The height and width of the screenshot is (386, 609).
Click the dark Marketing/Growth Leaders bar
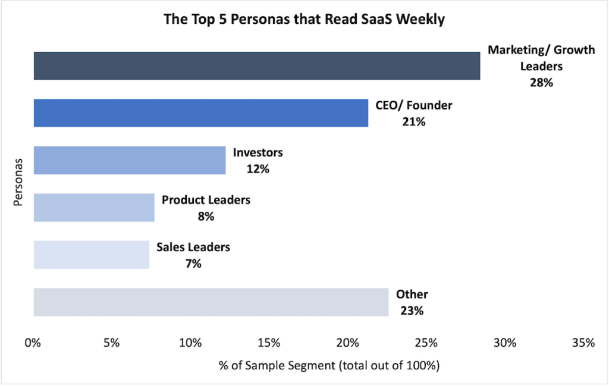click(x=256, y=66)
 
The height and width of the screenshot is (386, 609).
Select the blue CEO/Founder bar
click(x=200, y=113)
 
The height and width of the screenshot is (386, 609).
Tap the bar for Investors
click(x=129, y=160)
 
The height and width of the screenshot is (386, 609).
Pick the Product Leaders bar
click(x=93, y=208)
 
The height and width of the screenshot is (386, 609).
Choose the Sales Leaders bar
click(x=91, y=255)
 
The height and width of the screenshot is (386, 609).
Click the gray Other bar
click(x=211, y=302)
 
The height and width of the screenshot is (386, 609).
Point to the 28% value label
click(x=541, y=83)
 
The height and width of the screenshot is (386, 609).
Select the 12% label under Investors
click(x=258, y=170)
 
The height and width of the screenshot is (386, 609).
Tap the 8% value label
click(x=206, y=216)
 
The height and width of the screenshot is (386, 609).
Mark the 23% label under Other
click(x=412, y=310)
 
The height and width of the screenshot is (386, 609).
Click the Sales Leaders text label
click(x=193, y=247)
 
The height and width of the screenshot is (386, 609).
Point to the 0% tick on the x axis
click(x=33, y=343)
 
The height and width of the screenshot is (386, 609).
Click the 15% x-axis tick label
click(x=269, y=343)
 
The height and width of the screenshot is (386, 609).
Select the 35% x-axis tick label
click(x=583, y=343)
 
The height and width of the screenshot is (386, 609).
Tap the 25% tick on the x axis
click(x=426, y=343)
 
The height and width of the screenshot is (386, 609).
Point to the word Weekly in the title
click(x=422, y=20)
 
